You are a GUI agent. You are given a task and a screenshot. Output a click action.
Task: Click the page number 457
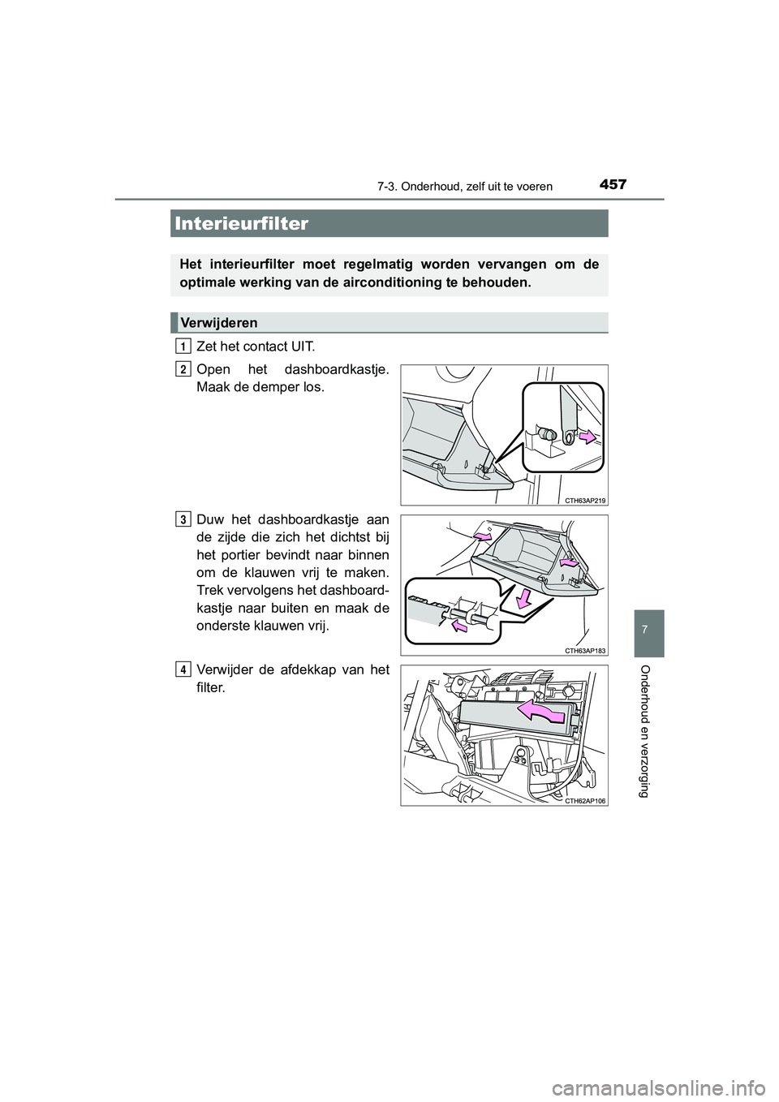pyautogui.click(x=614, y=185)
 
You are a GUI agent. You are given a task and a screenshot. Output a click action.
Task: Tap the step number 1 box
pyautogui.click(x=183, y=347)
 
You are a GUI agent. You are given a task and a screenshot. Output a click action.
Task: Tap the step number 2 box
pyautogui.click(x=183, y=369)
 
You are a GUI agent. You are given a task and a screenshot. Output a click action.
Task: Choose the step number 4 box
pyautogui.click(x=183, y=669)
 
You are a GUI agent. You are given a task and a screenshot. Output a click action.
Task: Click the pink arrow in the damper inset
pyautogui.click(x=588, y=438)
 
